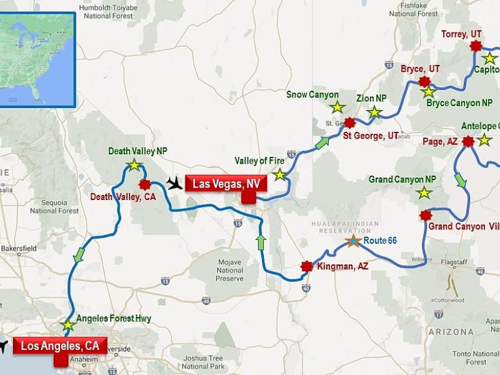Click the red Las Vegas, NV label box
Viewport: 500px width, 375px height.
(x=226, y=184)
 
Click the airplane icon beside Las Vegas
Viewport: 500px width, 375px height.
(x=176, y=183)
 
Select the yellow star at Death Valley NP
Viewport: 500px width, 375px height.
(x=132, y=164)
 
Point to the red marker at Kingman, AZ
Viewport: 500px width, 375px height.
(x=306, y=266)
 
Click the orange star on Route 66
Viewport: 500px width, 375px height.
(x=353, y=241)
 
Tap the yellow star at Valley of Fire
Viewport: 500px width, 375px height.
(x=279, y=175)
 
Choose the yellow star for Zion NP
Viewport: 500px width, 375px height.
(x=374, y=112)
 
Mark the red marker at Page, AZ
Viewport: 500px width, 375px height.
(x=467, y=142)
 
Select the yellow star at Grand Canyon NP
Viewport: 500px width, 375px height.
(x=424, y=192)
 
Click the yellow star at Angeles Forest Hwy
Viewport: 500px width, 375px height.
(x=67, y=326)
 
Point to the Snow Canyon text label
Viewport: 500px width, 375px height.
(x=312, y=94)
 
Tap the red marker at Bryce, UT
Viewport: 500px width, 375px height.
(x=425, y=81)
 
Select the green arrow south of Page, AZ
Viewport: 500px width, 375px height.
(x=461, y=180)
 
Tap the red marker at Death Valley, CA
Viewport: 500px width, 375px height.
(x=146, y=184)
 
